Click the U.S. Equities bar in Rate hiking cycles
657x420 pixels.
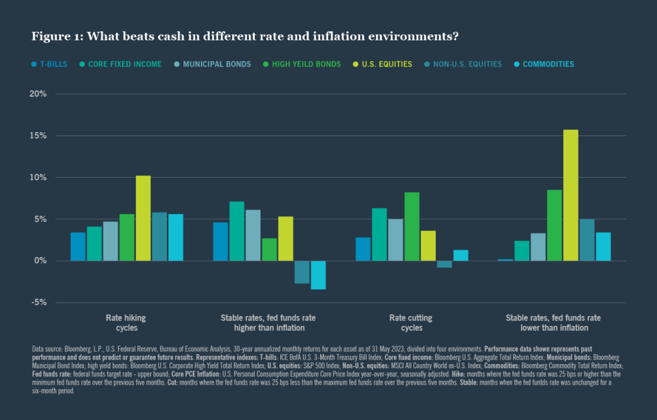[143, 218]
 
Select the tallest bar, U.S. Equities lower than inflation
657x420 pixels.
[571, 195]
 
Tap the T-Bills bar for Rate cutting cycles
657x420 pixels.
[363, 249]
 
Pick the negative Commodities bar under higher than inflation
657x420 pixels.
[318, 275]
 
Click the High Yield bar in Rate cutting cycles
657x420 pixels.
[412, 226]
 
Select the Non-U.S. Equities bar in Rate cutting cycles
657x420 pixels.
[445, 264]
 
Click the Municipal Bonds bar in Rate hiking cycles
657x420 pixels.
[110, 241]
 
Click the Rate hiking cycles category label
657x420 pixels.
[126, 323]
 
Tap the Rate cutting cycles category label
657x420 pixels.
[411, 323]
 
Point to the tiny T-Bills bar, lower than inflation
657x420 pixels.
[506, 260]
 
